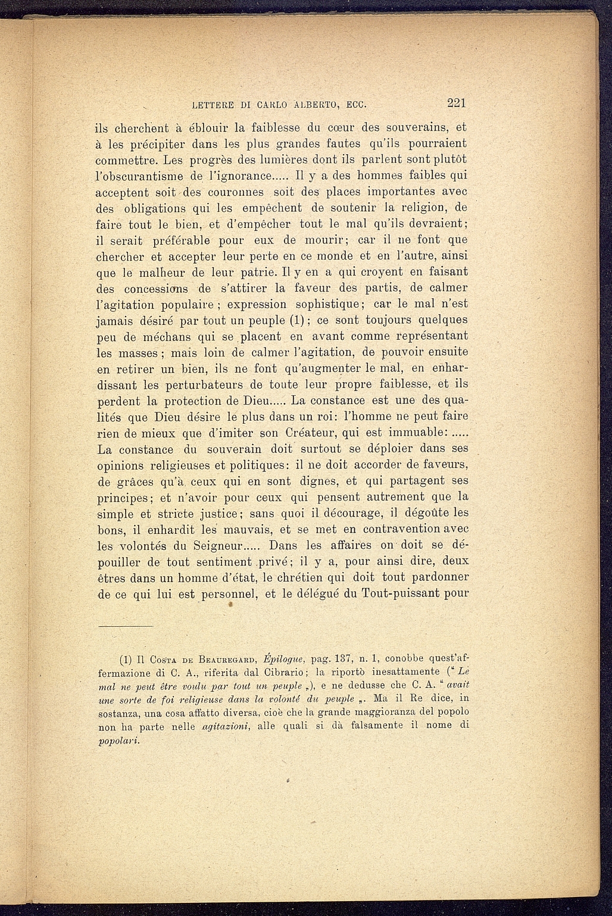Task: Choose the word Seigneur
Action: [x=209, y=545]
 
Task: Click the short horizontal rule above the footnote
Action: [x=126, y=627]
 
